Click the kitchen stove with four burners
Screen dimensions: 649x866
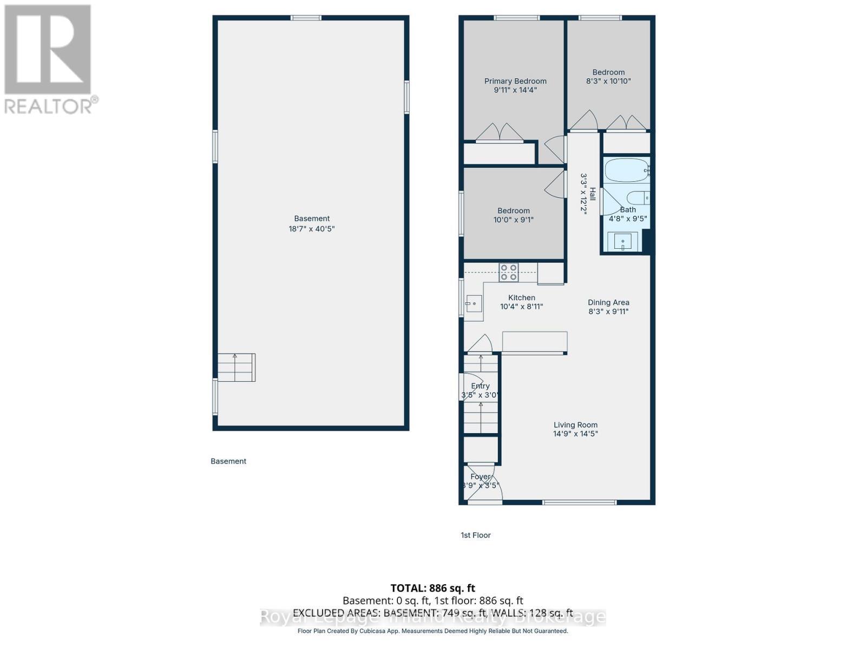508,272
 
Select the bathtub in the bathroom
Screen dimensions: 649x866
626,170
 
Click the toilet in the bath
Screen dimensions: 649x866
637,198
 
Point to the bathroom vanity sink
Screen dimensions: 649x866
622,242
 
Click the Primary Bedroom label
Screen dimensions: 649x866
515,81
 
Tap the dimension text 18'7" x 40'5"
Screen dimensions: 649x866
312,229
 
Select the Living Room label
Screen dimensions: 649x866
575,425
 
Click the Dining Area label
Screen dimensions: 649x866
608,302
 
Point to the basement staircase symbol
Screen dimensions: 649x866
236,367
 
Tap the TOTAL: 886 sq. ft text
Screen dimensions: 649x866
433,588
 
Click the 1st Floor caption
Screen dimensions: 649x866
476,535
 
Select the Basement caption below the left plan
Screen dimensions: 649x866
228,461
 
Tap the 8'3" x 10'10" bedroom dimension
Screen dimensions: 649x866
608,81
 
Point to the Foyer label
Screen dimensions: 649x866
480,476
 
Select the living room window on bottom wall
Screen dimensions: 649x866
579,502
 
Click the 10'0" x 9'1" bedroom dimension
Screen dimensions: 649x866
514,220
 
